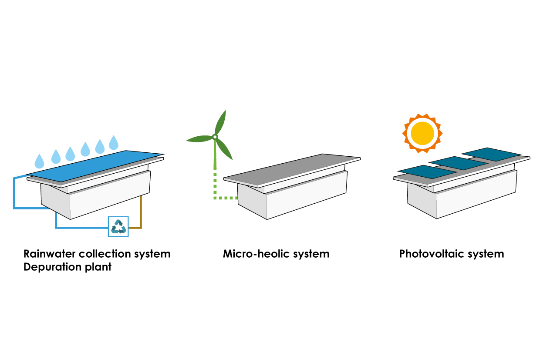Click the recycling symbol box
pyautogui.click(x=118, y=226)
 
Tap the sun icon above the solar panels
pyautogui.click(x=422, y=133)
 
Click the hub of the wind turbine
pyautogui.click(x=215, y=137)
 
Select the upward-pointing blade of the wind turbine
pyautogui.click(x=220, y=123)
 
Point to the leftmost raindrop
pyautogui.click(x=39, y=161)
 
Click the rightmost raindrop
pyautogui.click(x=114, y=142)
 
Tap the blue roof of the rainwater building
pyautogui.click(x=95, y=166)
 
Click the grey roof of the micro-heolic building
pyautogui.click(x=292, y=170)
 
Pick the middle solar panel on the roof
pyautogui.click(x=458, y=163)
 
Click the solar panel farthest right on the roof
pyautogui.click(x=491, y=155)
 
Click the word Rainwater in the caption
pyautogui.click(x=49, y=254)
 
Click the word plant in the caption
pyautogui.click(x=98, y=267)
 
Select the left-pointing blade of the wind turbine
pyautogui.click(x=199, y=139)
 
